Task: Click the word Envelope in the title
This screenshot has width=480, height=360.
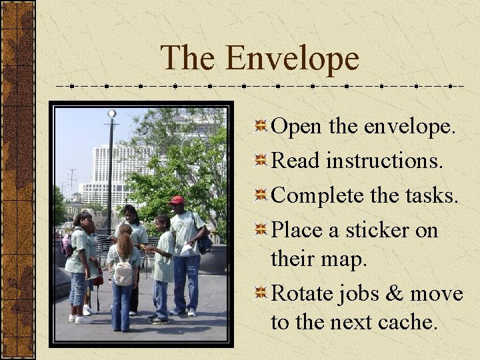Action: pos(292,58)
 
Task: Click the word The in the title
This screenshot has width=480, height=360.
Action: pos(188,58)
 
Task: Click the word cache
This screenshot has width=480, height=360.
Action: pos(409,323)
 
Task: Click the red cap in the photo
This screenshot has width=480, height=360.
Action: pos(177,200)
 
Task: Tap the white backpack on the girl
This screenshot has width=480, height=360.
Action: pos(123,271)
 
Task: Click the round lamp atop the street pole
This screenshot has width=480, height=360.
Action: pos(112,114)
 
